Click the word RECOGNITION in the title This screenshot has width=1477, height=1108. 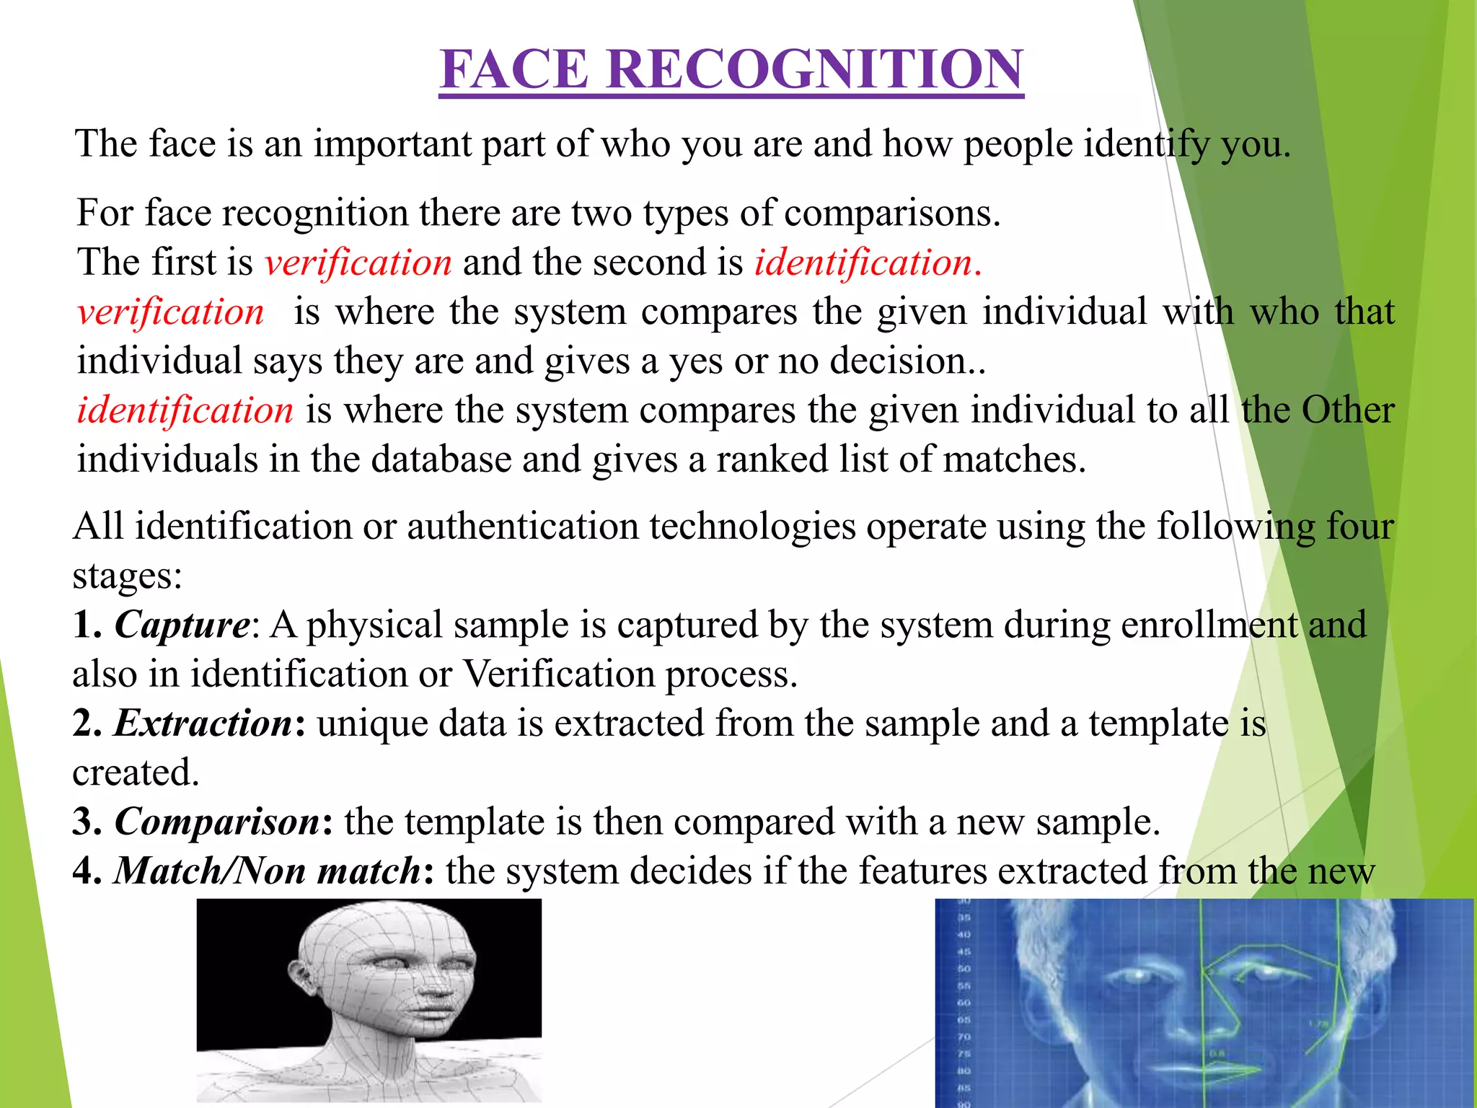coord(814,70)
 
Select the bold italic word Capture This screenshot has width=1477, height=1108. coord(182,625)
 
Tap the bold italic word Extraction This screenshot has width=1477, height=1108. coord(203,724)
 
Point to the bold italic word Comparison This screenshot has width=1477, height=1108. coord(217,822)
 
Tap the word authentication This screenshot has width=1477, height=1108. coord(522,527)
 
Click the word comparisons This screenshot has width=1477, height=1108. coord(891,214)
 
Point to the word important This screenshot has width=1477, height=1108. coord(392,144)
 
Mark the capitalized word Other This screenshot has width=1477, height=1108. coord(1347,410)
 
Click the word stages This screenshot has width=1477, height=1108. coord(126,576)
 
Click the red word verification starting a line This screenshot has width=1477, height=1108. coord(170,312)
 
